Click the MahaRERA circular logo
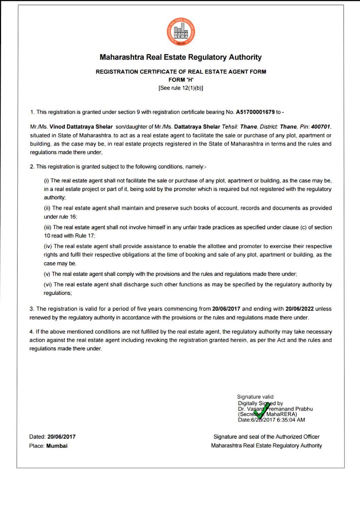181,32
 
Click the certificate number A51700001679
255,112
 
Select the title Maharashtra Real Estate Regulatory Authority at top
181,57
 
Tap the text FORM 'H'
181,80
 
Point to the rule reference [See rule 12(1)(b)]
181,88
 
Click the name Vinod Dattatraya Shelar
81,127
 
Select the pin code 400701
320,127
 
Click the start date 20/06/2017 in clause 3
226,309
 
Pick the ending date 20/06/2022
299,309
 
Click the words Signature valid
255,397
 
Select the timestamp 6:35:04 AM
291,420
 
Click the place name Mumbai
57,446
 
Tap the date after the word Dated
62,437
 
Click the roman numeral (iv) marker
48,246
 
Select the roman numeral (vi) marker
48,285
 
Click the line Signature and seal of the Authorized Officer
266,437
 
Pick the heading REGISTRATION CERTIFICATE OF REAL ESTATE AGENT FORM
181,72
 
